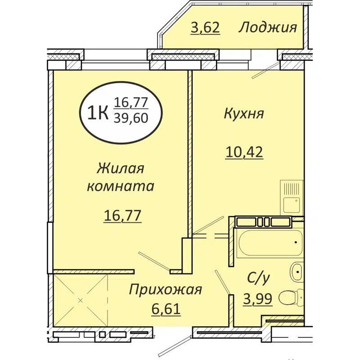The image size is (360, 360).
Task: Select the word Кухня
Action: coord(243,113)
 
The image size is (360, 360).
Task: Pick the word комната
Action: coord(120,186)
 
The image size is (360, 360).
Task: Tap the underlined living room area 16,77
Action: coord(122,216)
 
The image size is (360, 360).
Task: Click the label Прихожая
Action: coord(165,289)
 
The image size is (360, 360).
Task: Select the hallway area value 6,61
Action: coord(165,309)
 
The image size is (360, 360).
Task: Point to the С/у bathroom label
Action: coord(258,279)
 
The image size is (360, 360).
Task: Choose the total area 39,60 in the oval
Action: coord(131,119)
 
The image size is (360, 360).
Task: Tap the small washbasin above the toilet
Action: coord(297,272)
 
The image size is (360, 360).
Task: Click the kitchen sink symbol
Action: coord(292,197)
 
